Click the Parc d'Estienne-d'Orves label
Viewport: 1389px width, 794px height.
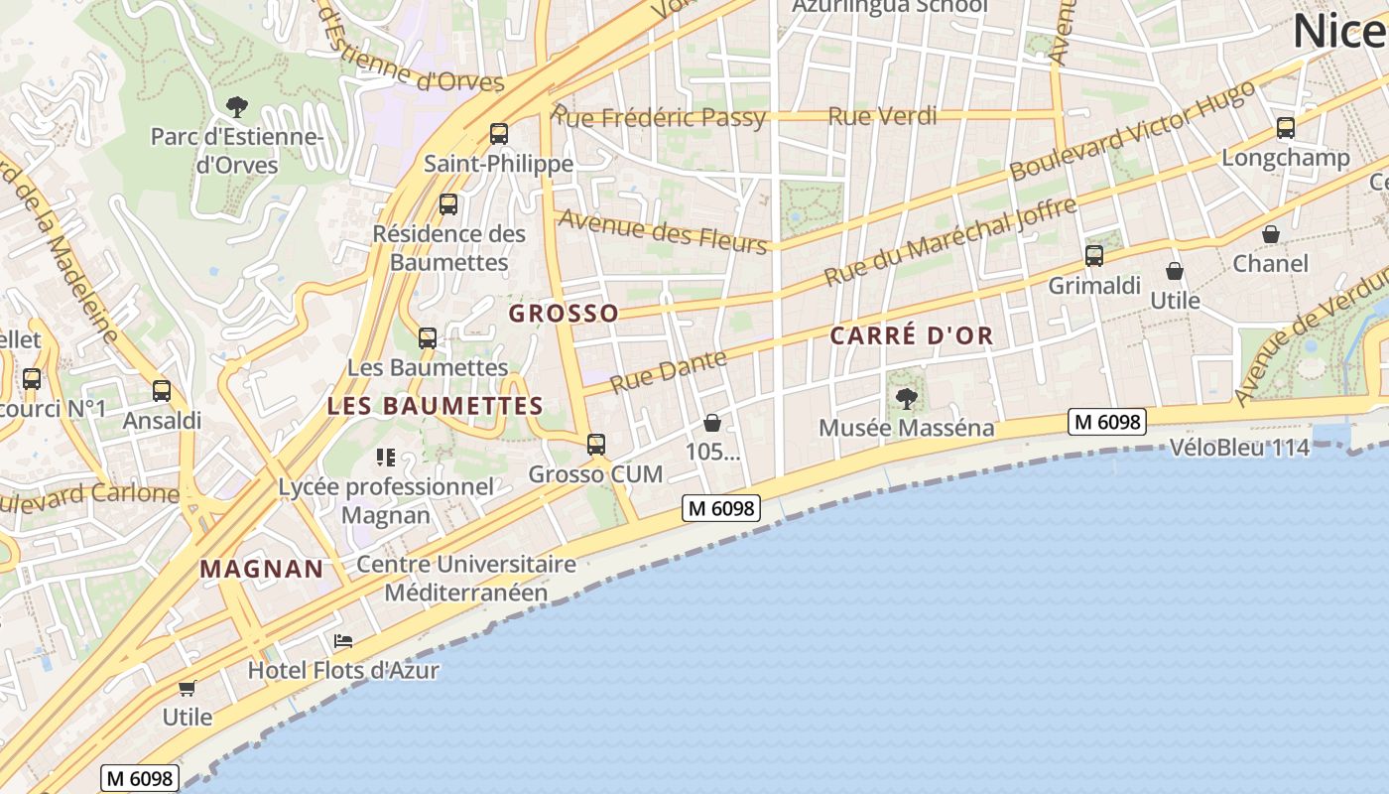point(237,150)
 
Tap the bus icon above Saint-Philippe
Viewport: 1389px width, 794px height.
point(499,133)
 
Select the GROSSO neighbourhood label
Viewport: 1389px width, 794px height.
point(564,314)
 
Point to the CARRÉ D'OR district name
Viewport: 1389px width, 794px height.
point(911,335)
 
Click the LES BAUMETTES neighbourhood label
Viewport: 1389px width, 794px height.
point(435,406)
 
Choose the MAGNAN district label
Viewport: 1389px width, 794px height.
point(262,569)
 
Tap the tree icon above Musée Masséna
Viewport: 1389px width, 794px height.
point(906,399)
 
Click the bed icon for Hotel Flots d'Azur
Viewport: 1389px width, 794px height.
point(343,640)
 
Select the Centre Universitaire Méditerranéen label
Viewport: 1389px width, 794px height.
point(465,578)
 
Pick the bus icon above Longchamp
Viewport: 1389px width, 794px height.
point(1286,127)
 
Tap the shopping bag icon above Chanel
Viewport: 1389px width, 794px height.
point(1270,234)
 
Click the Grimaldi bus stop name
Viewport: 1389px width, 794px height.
point(1094,286)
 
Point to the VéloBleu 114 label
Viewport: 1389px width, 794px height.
point(1239,448)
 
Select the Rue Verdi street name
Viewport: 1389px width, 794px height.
point(882,116)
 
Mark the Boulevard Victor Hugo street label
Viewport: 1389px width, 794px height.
point(1131,131)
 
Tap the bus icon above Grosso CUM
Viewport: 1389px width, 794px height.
point(595,444)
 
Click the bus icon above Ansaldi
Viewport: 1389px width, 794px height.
point(162,391)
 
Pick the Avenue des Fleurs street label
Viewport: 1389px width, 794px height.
point(663,230)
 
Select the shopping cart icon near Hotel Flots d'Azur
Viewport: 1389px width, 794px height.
point(187,687)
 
